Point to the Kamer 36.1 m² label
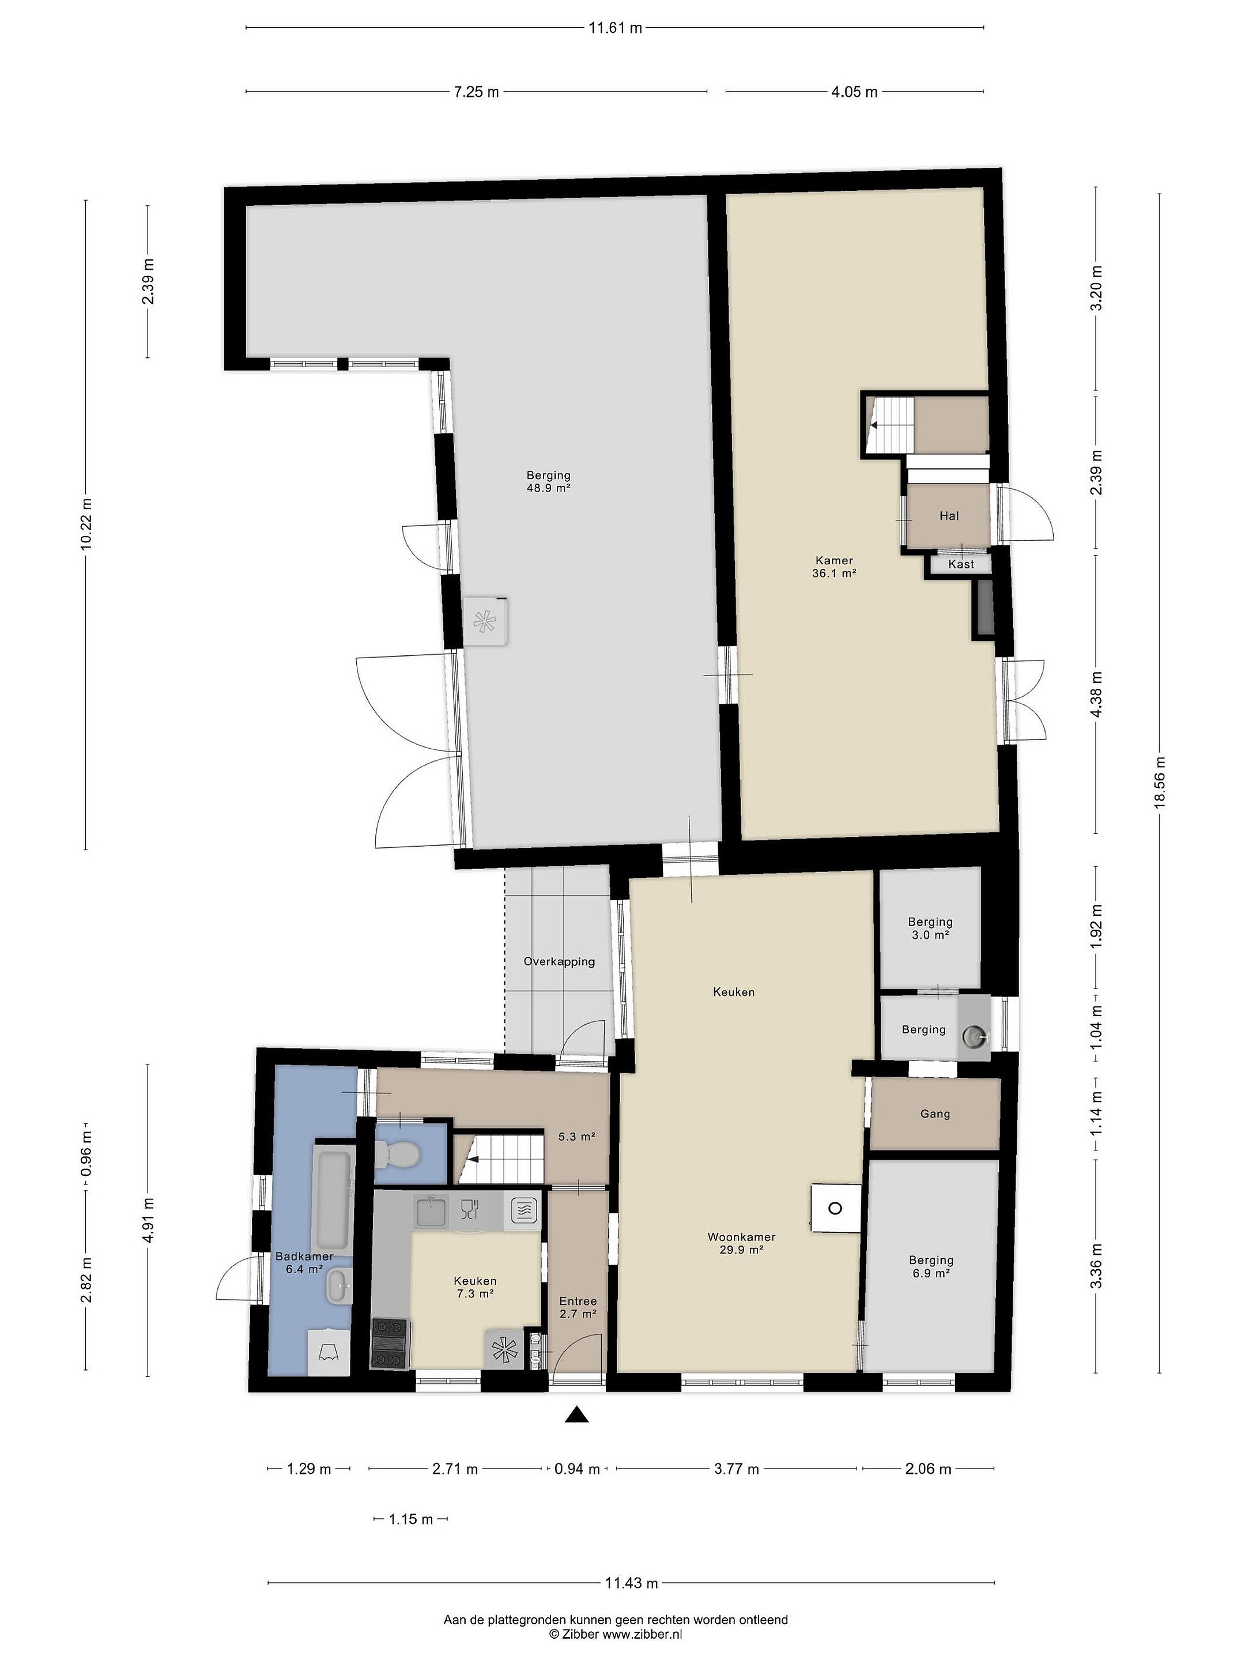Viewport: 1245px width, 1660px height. [x=835, y=566]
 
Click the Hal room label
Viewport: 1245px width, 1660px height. [x=949, y=515]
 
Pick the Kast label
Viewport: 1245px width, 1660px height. [x=961, y=564]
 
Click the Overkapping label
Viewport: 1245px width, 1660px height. [x=559, y=961]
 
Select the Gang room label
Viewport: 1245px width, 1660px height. [x=935, y=1114]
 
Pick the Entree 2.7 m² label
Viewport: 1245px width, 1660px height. [x=578, y=1307]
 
